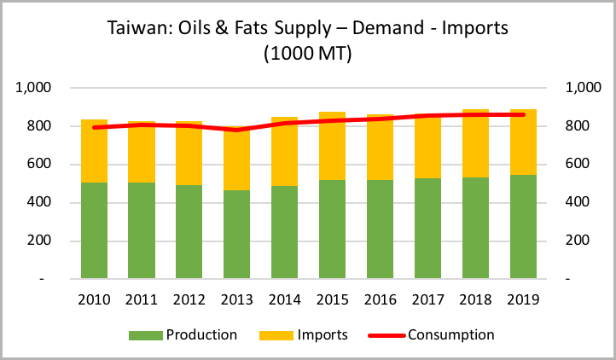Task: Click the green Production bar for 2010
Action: point(94,230)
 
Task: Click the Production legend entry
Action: point(190,334)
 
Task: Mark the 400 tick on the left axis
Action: point(41,203)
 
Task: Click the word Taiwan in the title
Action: point(135,27)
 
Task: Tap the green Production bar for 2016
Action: point(380,229)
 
